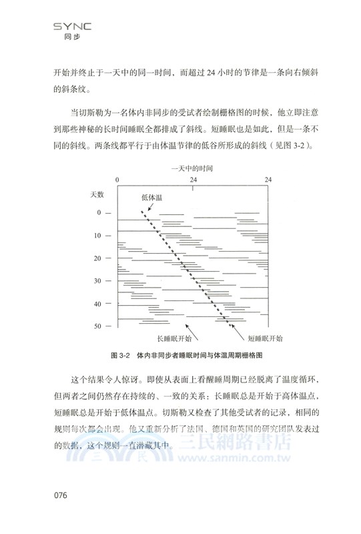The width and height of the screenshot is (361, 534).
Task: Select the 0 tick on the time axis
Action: pos(117,180)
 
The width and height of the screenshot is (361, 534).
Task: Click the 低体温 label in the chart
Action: pos(152,198)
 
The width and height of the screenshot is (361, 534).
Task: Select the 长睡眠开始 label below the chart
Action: pos(175,338)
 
